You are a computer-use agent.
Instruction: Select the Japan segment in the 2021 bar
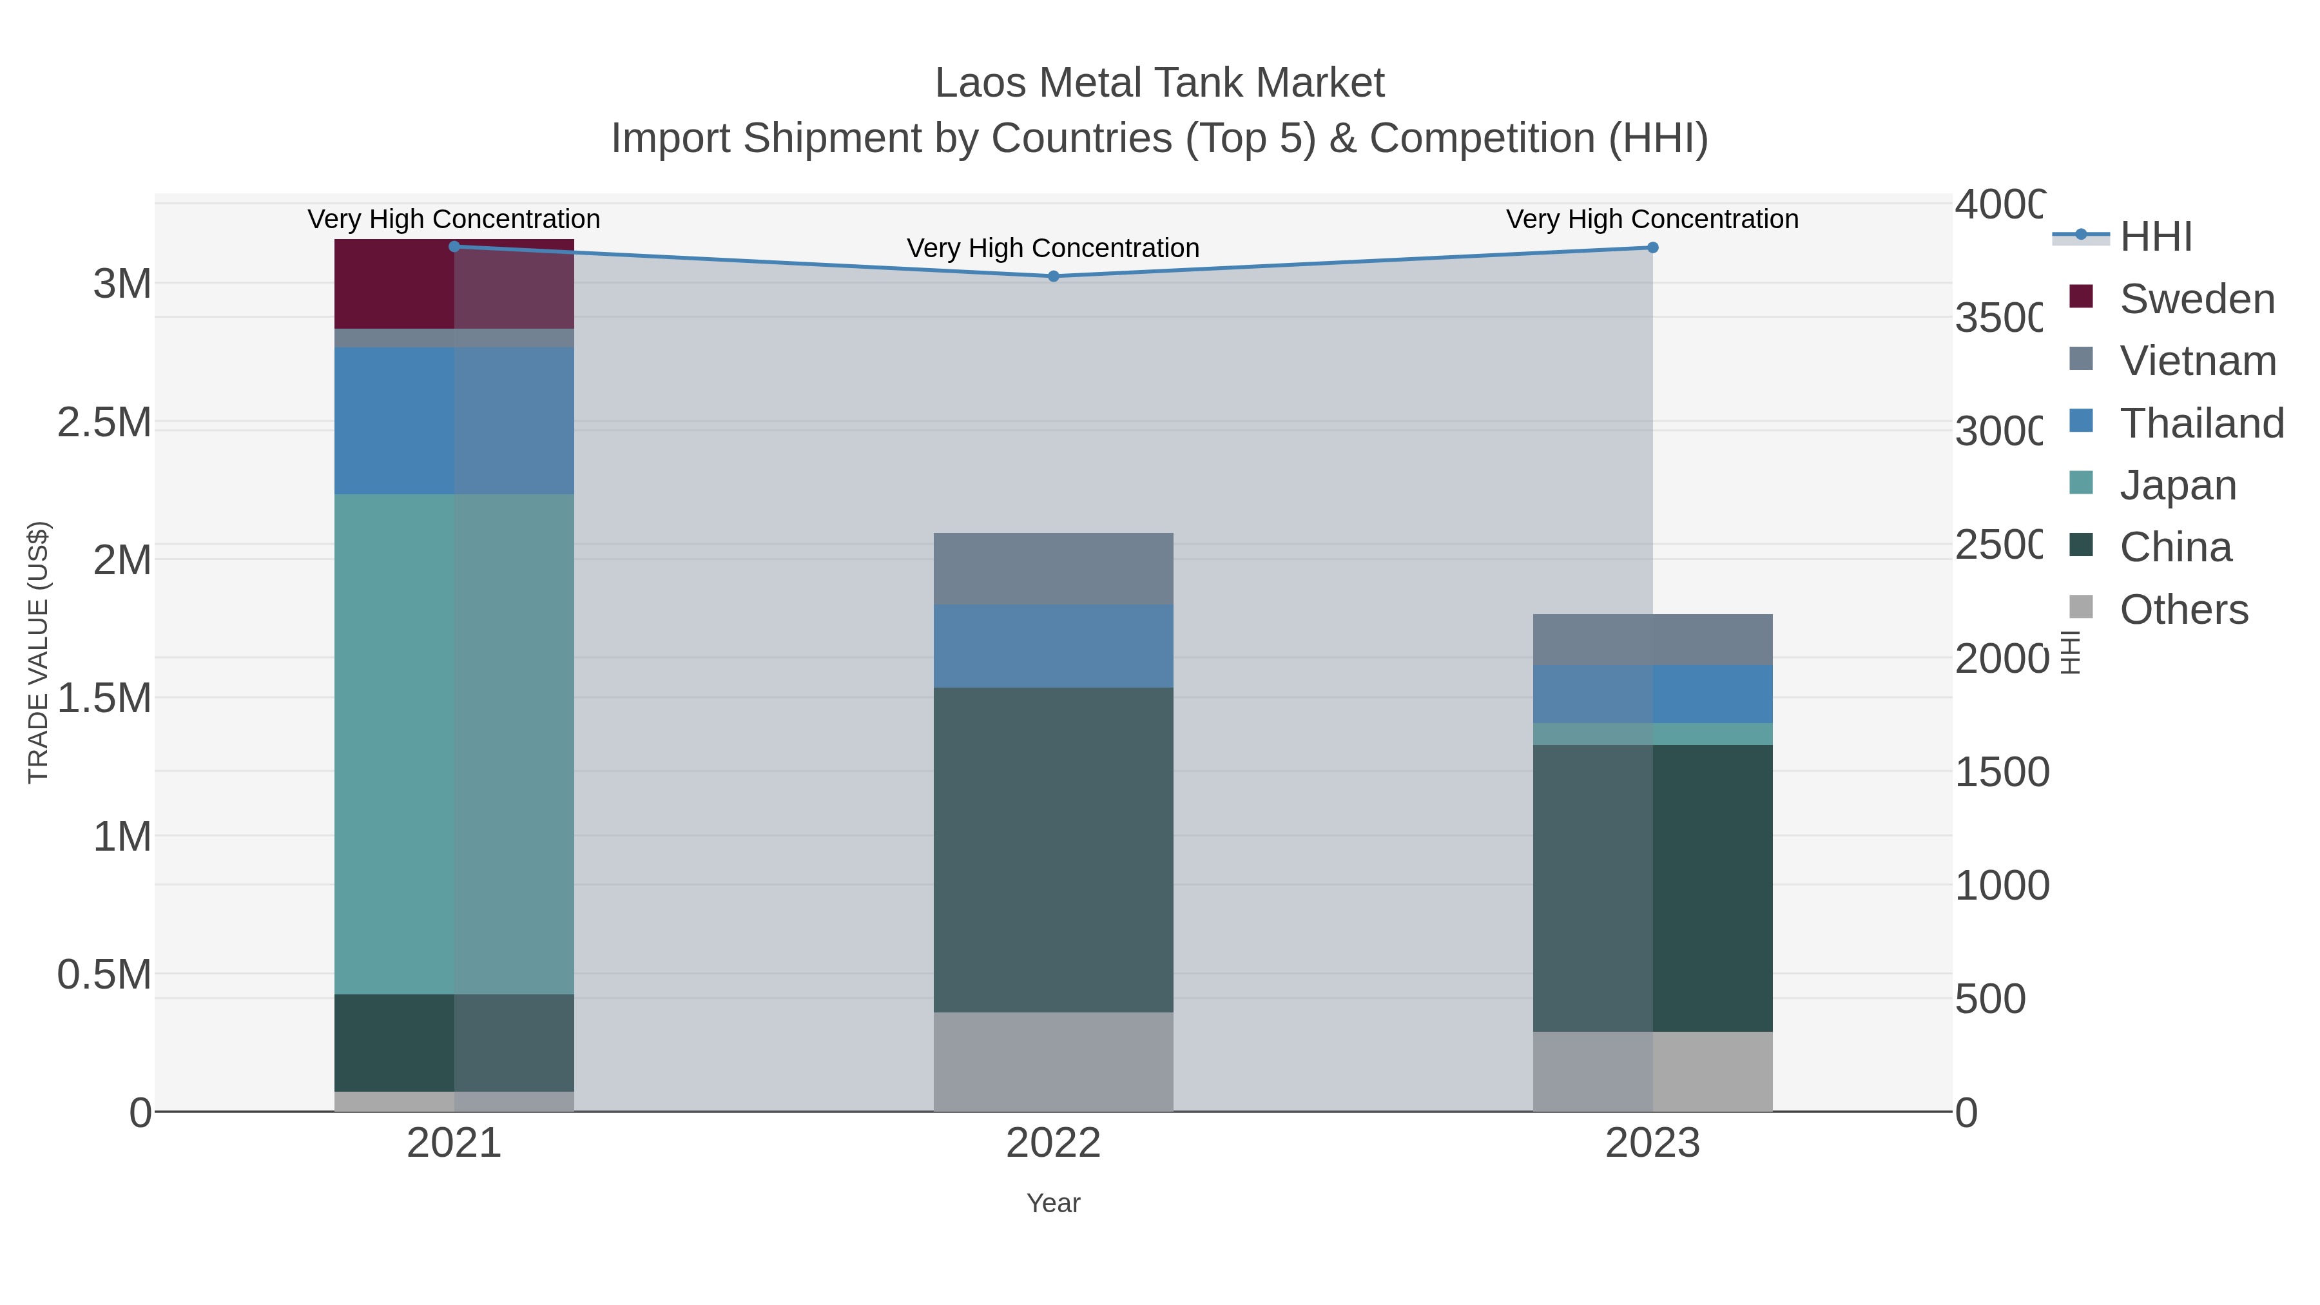(x=454, y=744)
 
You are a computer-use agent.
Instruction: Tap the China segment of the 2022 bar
(x=1053, y=849)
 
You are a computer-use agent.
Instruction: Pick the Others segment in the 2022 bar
(x=1053, y=1062)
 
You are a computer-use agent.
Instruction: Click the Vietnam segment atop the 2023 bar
(x=1652, y=639)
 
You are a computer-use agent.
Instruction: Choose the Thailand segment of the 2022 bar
(x=1053, y=646)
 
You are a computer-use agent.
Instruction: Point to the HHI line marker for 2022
(x=1053, y=276)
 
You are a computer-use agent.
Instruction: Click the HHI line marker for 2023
(x=1652, y=247)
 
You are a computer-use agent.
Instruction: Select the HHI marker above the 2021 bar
(x=454, y=247)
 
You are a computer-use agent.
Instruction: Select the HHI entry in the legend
(x=2154, y=237)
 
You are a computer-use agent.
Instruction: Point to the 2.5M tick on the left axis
(x=104, y=422)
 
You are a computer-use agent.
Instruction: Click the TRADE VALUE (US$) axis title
(x=39, y=652)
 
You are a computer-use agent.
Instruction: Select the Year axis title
(x=1053, y=1203)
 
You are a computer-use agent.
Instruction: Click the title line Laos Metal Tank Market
(x=1159, y=83)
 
